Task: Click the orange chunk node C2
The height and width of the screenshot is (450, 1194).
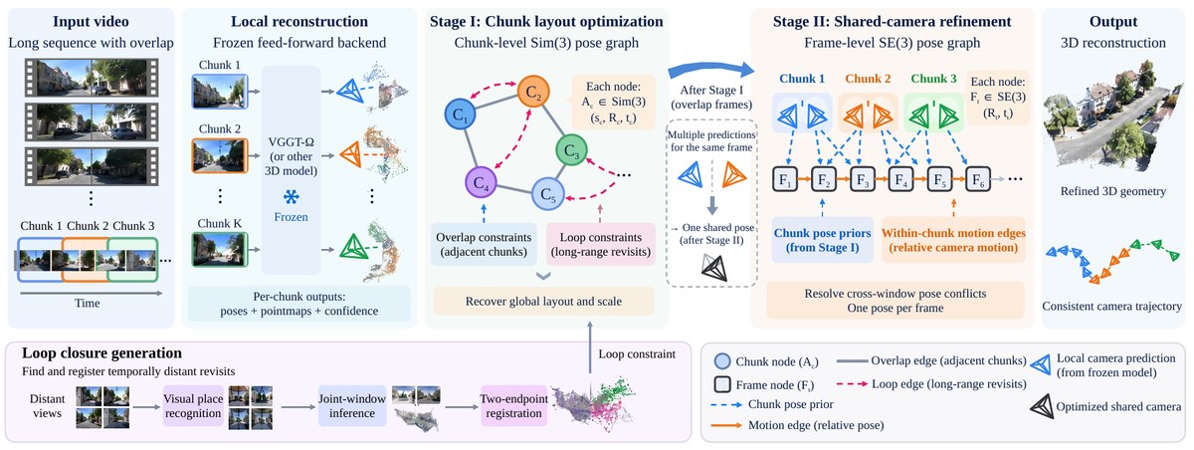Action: (x=533, y=92)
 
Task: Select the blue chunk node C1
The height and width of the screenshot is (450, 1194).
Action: (x=461, y=113)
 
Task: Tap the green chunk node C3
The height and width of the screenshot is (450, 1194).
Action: (x=571, y=150)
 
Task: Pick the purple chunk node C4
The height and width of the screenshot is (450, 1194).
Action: (x=481, y=183)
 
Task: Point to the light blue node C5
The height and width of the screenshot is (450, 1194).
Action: (x=548, y=193)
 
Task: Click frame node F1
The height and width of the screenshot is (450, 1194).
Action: (x=785, y=179)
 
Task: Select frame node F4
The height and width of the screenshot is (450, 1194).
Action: (x=900, y=179)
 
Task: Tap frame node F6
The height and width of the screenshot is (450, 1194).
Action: (x=978, y=179)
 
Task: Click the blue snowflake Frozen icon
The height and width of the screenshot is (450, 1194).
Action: (x=291, y=197)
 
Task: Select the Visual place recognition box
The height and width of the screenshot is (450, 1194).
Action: (x=193, y=406)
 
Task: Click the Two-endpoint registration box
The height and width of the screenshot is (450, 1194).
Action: (x=513, y=406)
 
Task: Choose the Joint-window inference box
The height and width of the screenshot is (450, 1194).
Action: (x=352, y=406)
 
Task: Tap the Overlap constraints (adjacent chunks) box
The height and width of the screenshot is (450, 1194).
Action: (x=484, y=244)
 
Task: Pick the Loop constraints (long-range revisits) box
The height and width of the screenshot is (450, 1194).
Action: (x=601, y=244)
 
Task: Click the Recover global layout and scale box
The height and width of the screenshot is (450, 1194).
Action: (x=543, y=302)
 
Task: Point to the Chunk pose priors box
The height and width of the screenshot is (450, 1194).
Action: (x=823, y=240)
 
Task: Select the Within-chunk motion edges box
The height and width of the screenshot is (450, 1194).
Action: (x=953, y=240)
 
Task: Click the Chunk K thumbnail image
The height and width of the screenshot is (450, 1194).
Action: (x=220, y=250)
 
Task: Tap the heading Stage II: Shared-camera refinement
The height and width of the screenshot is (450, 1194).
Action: (x=892, y=21)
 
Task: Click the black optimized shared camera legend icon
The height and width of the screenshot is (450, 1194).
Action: (x=1041, y=406)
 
